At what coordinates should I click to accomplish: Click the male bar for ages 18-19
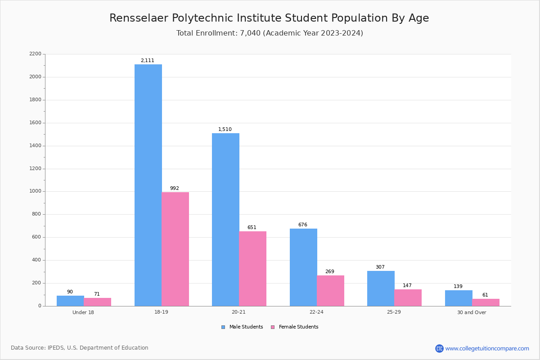pyautogui.click(x=148, y=185)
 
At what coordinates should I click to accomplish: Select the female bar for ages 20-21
pyautogui.click(x=252, y=269)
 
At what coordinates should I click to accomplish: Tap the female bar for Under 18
pyautogui.click(x=97, y=302)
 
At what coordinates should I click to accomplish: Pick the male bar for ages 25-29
pyautogui.click(x=381, y=288)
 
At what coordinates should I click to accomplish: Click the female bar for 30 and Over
pyautogui.click(x=486, y=302)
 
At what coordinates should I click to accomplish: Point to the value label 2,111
pyautogui.click(x=147, y=61)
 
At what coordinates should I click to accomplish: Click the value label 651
pyautogui.click(x=252, y=228)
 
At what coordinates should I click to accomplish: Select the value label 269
pyautogui.click(x=329, y=272)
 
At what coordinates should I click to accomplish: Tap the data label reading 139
pyautogui.click(x=458, y=287)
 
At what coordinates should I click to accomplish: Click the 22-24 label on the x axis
pyautogui.click(x=316, y=312)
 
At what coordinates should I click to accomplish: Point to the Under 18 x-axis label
pyautogui.click(x=83, y=312)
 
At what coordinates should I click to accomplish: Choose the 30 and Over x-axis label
pyautogui.click(x=472, y=312)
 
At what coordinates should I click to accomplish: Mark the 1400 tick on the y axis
pyautogui.click(x=35, y=146)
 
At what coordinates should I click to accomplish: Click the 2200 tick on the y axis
pyautogui.click(x=35, y=54)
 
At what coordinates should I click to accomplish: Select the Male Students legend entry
pyautogui.click(x=246, y=327)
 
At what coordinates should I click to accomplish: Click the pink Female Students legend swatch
pyautogui.click(x=273, y=327)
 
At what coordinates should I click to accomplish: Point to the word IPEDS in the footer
pyautogui.click(x=57, y=348)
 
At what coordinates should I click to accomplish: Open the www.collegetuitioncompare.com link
pyautogui.click(x=487, y=348)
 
